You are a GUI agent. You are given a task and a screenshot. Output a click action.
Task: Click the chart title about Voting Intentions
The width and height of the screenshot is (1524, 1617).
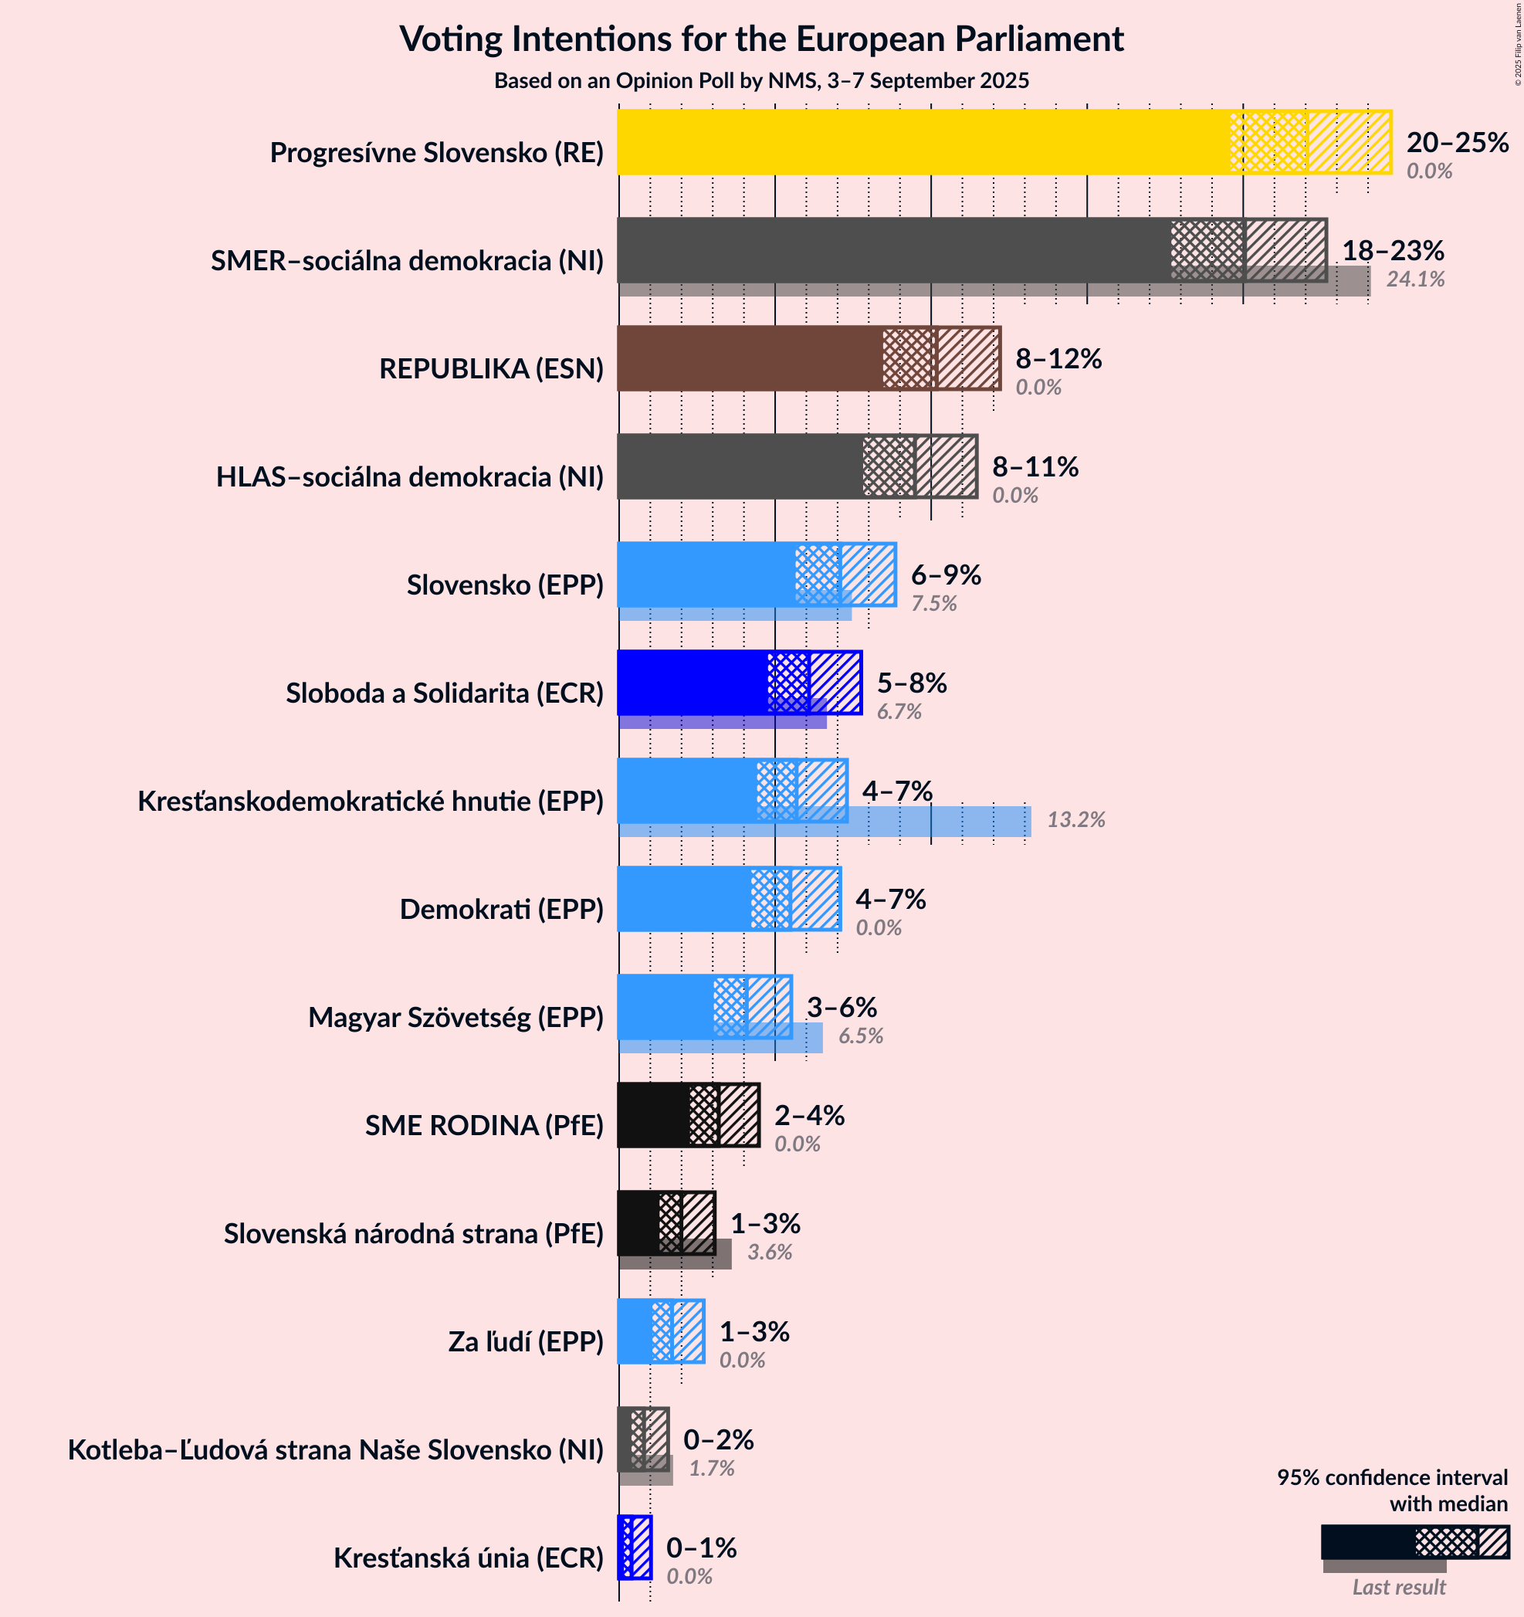[761, 39]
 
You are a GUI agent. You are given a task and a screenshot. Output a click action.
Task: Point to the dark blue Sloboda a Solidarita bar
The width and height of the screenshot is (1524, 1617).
[691, 682]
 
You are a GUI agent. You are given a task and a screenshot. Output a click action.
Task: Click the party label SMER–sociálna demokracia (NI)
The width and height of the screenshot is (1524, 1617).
[407, 261]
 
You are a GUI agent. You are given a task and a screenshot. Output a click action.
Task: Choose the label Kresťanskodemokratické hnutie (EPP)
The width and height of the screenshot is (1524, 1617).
[370, 802]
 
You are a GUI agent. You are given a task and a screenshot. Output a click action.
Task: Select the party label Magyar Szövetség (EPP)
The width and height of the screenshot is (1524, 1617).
[456, 1017]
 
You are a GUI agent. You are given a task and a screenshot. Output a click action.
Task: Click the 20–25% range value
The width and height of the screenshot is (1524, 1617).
[1458, 143]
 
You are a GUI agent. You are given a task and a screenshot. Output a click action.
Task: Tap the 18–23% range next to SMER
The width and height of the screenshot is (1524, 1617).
[1392, 250]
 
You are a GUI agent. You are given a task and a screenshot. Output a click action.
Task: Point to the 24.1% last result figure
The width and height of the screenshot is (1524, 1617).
[1415, 280]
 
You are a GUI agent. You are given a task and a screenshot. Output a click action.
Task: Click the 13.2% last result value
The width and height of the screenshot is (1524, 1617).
[1075, 820]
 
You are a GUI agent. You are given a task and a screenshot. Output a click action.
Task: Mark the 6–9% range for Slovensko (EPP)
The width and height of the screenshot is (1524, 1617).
[945, 575]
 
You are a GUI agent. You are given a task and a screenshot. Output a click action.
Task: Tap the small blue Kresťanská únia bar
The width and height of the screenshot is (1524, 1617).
[635, 1558]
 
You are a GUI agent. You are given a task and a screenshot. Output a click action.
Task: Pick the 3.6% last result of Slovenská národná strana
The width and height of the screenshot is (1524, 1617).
[769, 1252]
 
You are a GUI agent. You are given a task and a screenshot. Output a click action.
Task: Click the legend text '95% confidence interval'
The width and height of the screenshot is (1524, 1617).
[1391, 1478]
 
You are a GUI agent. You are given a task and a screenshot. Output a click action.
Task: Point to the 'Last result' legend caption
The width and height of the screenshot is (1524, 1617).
[1398, 1587]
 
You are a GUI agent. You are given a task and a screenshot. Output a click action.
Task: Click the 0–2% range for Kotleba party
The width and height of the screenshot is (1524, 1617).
[718, 1439]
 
